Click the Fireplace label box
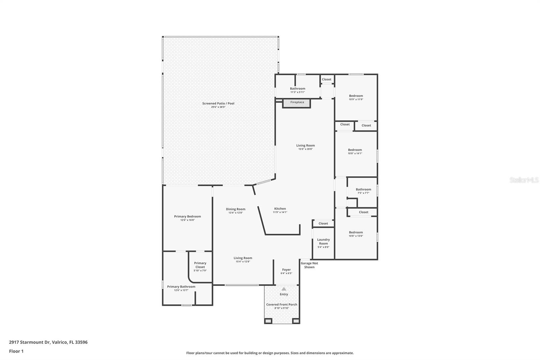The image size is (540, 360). [x=297, y=103]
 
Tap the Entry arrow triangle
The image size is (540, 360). [x=284, y=289]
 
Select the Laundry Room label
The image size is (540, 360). [x=323, y=241]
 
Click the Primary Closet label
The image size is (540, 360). [x=200, y=265]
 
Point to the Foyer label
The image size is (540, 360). [x=286, y=270]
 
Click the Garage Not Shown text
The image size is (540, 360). [x=309, y=265]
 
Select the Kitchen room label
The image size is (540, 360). [x=280, y=209]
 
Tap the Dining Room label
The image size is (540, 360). [x=236, y=209]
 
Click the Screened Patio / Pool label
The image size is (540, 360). [x=218, y=103]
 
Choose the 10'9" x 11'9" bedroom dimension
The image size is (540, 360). [x=356, y=100]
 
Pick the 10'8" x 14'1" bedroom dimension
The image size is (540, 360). [x=355, y=153]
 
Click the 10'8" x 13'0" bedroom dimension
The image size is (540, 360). [x=356, y=236]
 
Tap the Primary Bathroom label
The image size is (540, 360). [x=181, y=287]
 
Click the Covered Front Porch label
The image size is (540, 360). [x=281, y=305]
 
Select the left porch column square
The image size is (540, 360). [x=268, y=321]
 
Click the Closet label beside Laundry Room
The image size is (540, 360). [x=323, y=224]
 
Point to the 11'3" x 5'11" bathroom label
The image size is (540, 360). [x=297, y=92]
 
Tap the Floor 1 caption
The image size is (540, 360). [x=16, y=351]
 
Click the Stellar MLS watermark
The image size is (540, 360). [x=524, y=180]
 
